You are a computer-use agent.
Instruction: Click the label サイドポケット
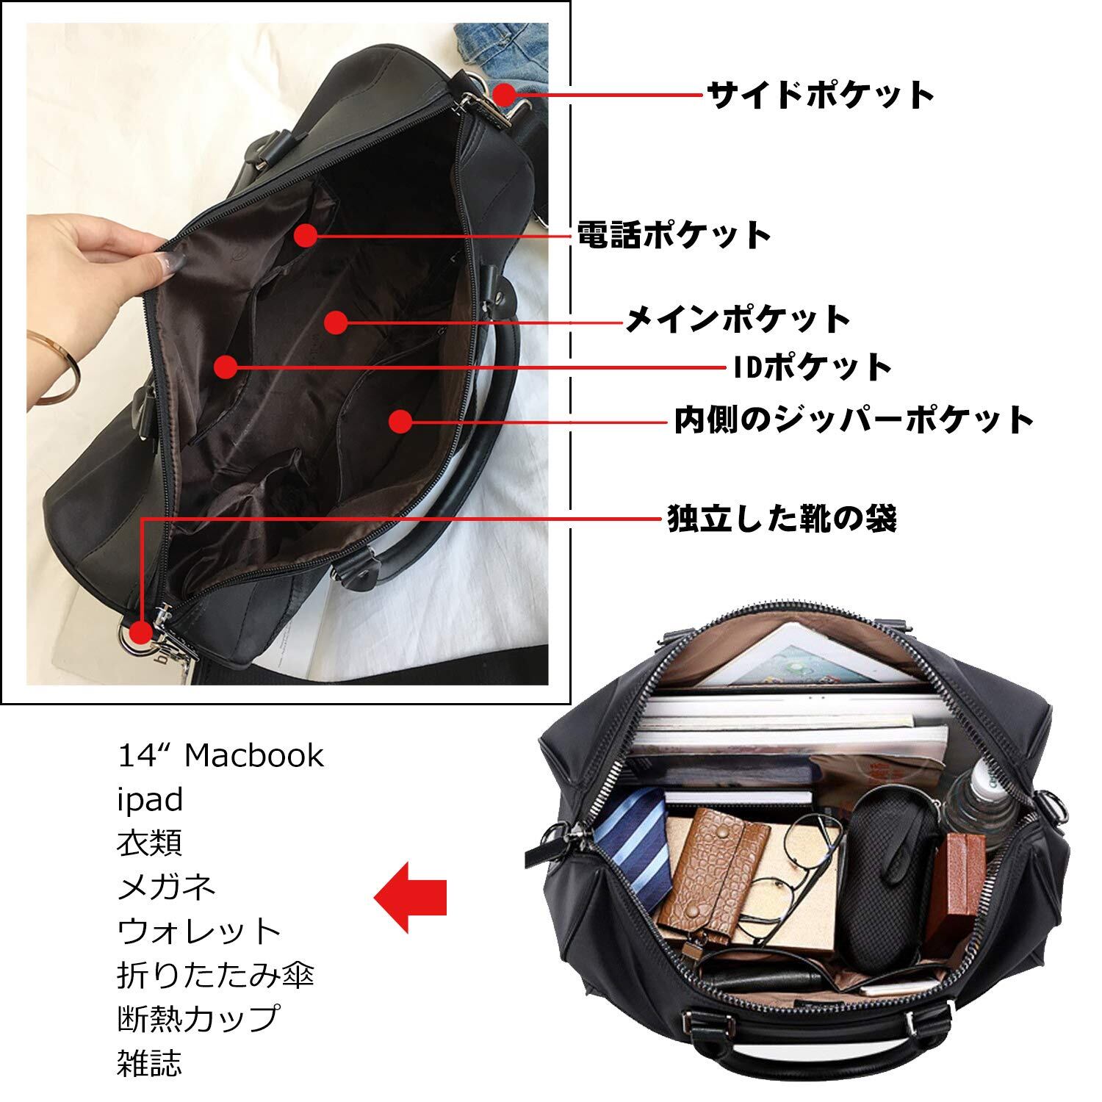(820, 95)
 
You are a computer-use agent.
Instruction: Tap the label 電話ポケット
(673, 236)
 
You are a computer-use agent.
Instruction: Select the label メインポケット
(738, 320)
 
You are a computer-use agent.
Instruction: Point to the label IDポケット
(813, 367)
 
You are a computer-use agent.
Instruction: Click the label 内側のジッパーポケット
(854, 419)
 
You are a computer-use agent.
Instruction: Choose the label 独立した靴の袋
(782, 518)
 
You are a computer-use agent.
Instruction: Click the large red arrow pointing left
(411, 896)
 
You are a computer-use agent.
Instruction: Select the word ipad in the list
(150, 800)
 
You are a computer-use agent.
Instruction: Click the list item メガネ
(166, 887)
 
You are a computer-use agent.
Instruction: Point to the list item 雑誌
(150, 1062)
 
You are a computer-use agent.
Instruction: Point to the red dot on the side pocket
(504, 95)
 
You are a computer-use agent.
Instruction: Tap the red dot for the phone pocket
(306, 235)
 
